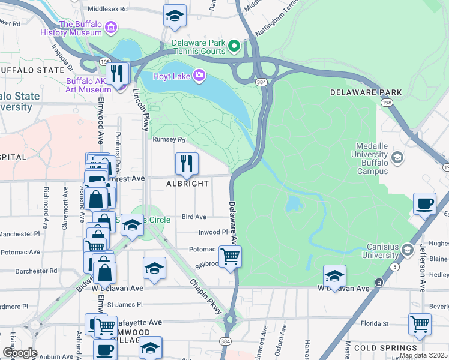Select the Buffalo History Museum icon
[110, 27]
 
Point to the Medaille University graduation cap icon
[396, 158]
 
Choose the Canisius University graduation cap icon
[407, 250]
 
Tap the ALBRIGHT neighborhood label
[187, 184]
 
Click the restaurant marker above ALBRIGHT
[187, 163]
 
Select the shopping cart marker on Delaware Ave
[230, 256]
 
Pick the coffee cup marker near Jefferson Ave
[424, 204]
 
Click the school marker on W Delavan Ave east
[334, 275]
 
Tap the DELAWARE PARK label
[366, 92]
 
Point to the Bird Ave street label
[194, 217]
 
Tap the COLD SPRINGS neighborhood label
[385, 348]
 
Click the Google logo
[19, 353]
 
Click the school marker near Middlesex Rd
[175, 16]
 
